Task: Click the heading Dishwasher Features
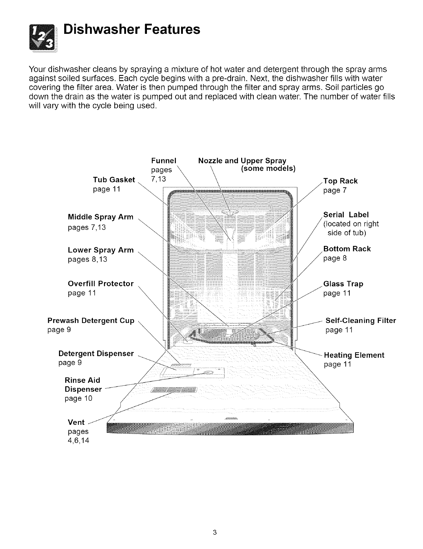pos(132,29)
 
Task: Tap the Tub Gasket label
pos(114,180)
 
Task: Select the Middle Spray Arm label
pos(101,217)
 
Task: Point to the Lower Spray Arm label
pos(101,250)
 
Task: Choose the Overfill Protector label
pos(101,284)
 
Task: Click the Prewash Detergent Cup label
pos(91,321)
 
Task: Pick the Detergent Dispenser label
pos(96,354)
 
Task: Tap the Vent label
pos(76,422)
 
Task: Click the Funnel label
pos(164,161)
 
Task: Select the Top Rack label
pos(341,181)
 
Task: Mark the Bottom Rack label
pos(347,249)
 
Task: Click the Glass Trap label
pos(343,284)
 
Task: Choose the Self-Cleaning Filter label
pos(361,321)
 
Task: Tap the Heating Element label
pos(354,355)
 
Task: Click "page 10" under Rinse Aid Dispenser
pos(79,398)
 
